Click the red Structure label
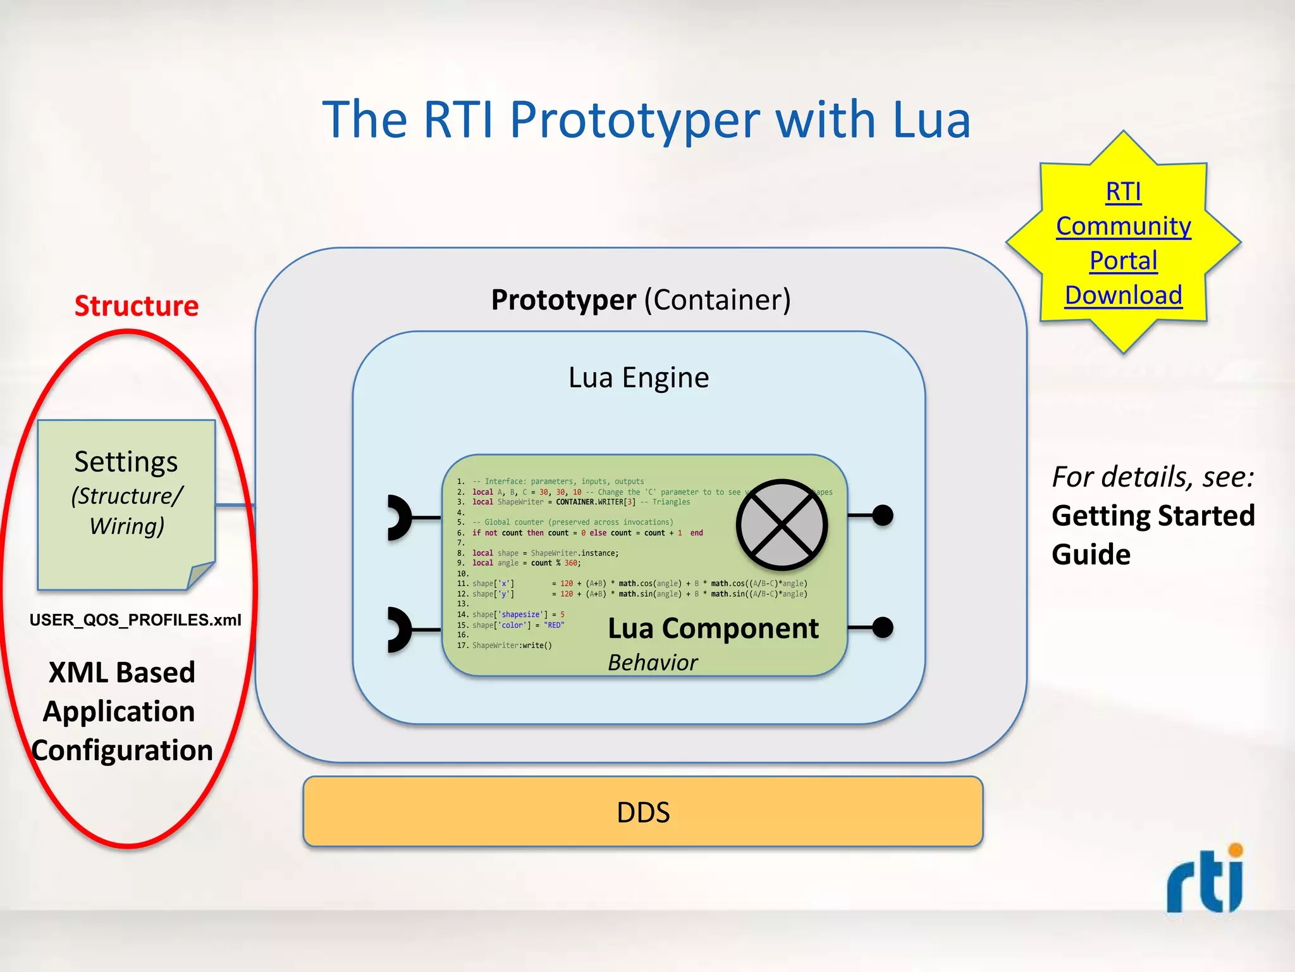point(137,306)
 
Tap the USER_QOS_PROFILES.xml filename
point(135,620)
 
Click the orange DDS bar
point(642,812)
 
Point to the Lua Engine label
point(639,378)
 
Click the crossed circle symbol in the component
point(782,525)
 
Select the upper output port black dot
point(883,516)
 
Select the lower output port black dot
point(883,628)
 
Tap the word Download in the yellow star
point(1123,296)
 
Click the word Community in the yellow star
point(1123,227)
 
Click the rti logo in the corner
point(1205,880)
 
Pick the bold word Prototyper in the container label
point(563,300)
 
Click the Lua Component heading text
point(713,629)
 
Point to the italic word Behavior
point(653,663)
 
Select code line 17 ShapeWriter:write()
point(512,645)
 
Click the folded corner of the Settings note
point(202,575)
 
